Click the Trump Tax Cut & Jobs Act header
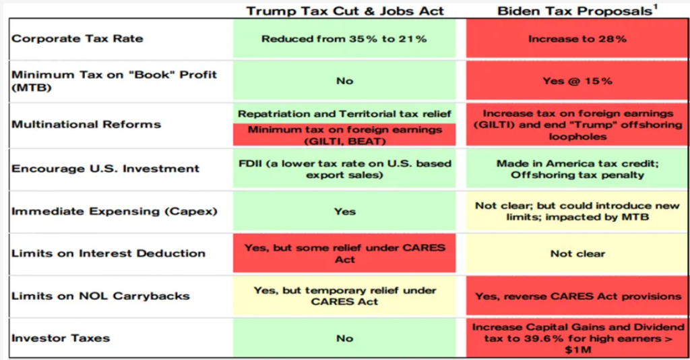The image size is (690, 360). [x=344, y=11]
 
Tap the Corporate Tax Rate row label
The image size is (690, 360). [x=77, y=38]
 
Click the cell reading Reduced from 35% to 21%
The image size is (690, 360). [x=344, y=38]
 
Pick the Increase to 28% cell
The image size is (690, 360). [x=577, y=38]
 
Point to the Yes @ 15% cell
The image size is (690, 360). [x=577, y=81]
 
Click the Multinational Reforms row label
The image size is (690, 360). [x=86, y=125]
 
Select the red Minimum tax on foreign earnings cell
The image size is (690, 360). [x=344, y=135]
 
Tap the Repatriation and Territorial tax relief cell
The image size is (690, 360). [x=344, y=114]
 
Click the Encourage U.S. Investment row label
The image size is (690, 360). [x=106, y=169]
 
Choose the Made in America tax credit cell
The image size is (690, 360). [x=577, y=169]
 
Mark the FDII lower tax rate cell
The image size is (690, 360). [x=344, y=169]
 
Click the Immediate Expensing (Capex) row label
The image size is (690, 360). [x=115, y=211]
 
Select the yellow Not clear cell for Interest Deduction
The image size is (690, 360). [x=577, y=253]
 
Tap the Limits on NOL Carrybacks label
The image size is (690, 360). [x=101, y=296]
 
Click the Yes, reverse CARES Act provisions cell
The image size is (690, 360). [x=577, y=296]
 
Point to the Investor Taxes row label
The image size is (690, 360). [x=61, y=338]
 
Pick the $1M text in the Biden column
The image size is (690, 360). [x=577, y=350]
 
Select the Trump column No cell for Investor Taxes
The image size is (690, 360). [x=344, y=338]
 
